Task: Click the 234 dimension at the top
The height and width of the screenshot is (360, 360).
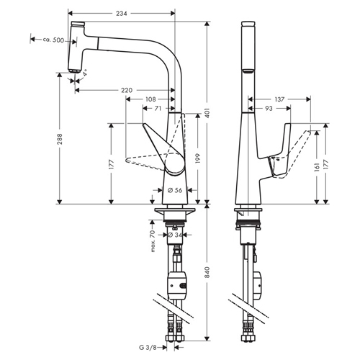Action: pos(122,14)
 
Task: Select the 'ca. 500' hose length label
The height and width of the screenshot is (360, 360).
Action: pos(53,40)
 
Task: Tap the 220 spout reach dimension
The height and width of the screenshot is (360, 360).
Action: pos(127,90)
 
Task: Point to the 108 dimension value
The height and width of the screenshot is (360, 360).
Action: pos(150,99)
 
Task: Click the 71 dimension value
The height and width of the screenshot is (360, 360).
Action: pos(158,109)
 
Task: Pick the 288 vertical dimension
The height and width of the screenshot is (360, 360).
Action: pos(59,139)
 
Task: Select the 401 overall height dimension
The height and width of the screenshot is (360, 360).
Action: pos(208,113)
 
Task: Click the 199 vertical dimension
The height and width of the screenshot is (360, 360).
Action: pos(198,158)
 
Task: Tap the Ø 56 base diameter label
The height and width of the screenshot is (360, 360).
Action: pos(175,190)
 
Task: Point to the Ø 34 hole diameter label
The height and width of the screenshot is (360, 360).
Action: pos(175,235)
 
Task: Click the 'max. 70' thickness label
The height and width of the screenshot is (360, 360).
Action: pos(153,241)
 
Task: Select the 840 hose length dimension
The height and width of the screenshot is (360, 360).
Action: pos(208,272)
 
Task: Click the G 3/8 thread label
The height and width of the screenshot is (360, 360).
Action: pos(148,347)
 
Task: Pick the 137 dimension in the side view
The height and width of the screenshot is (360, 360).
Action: pos(279,99)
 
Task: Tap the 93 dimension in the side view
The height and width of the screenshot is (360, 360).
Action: pos(269,109)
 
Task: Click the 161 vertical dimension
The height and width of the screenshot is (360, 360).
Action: pos(317,166)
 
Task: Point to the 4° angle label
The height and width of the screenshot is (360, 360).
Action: pos(85,73)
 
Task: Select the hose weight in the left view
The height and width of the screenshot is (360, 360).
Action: pos(177,284)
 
